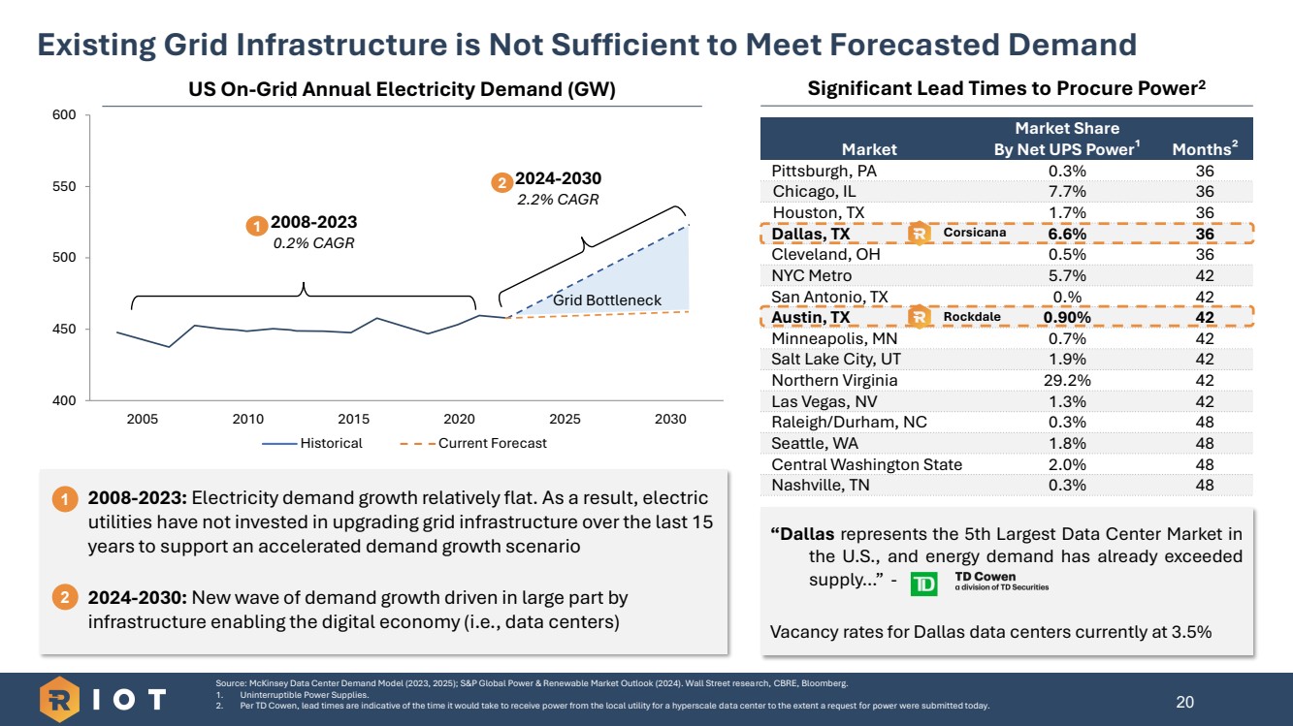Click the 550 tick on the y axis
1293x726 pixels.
tap(63, 186)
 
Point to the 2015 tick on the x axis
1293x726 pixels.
tap(354, 419)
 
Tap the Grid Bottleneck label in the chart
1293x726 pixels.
tap(606, 300)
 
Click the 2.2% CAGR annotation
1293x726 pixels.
tap(557, 200)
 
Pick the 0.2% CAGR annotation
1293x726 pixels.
tap(313, 243)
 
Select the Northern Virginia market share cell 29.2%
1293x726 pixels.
tap(1066, 380)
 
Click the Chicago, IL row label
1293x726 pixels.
tap(815, 192)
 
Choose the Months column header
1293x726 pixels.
tap(1205, 149)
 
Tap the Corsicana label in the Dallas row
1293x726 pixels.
tap(974, 233)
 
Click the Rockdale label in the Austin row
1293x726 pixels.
tap(971, 317)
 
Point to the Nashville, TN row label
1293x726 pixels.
tap(821, 486)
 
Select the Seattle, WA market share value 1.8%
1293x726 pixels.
tap(1066, 443)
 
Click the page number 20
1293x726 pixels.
tap(1184, 702)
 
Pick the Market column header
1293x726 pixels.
tap(869, 149)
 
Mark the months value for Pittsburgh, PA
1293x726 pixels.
tap(1205, 171)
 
